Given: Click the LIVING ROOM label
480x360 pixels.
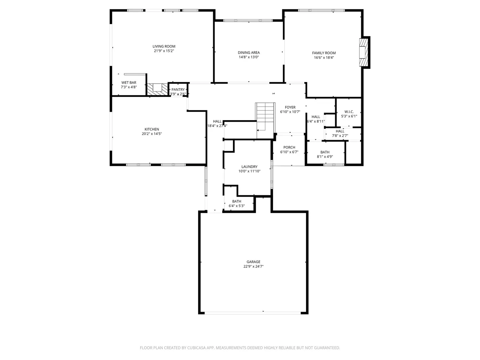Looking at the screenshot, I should tap(164, 46).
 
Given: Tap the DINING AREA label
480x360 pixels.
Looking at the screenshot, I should tap(248, 53).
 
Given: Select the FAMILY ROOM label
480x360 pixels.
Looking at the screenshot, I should tap(324, 53).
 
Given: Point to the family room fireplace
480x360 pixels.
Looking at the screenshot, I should tap(364, 53).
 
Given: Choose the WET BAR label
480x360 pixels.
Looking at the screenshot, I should tap(129, 82).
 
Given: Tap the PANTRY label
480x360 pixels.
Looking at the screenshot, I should tap(178, 90).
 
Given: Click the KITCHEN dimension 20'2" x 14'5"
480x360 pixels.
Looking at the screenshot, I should tap(152, 134).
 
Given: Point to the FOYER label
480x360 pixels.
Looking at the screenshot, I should tap(290, 107).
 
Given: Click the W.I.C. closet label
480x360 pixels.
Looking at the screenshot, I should tap(349, 112).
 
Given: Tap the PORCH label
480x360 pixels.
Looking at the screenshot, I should tap(289, 147).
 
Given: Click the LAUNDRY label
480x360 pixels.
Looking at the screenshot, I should tap(249, 167).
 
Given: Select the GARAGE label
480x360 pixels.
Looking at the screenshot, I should tap(253, 262).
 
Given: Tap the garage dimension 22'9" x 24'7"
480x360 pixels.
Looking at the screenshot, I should tap(253, 267).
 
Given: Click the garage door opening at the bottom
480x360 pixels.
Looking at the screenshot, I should tap(253, 312).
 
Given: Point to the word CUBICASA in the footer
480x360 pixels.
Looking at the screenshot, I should tap(205, 348).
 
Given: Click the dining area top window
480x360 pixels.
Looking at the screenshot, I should tap(248, 21).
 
